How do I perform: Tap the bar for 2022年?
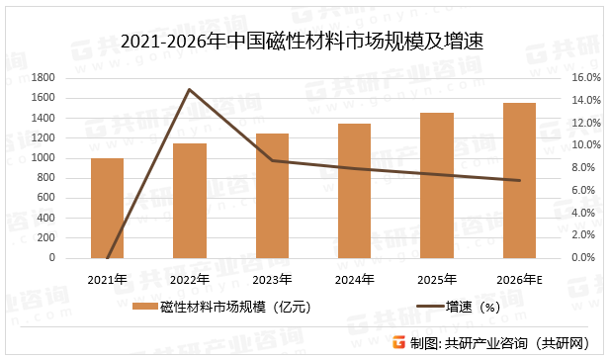[x=190, y=201]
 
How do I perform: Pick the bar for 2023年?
[x=272, y=196]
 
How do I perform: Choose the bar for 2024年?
[x=354, y=191]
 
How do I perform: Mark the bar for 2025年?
[x=436, y=185]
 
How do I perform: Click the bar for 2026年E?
[x=519, y=180]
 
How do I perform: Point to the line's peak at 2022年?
[x=189, y=90]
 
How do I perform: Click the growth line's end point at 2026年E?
[x=519, y=180]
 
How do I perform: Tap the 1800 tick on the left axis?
[x=43, y=78]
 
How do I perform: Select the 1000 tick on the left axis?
[x=43, y=158]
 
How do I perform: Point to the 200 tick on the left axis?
[x=47, y=238]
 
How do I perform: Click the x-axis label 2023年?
[x=272, y=278]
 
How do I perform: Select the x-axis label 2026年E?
[x=519, y=278]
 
